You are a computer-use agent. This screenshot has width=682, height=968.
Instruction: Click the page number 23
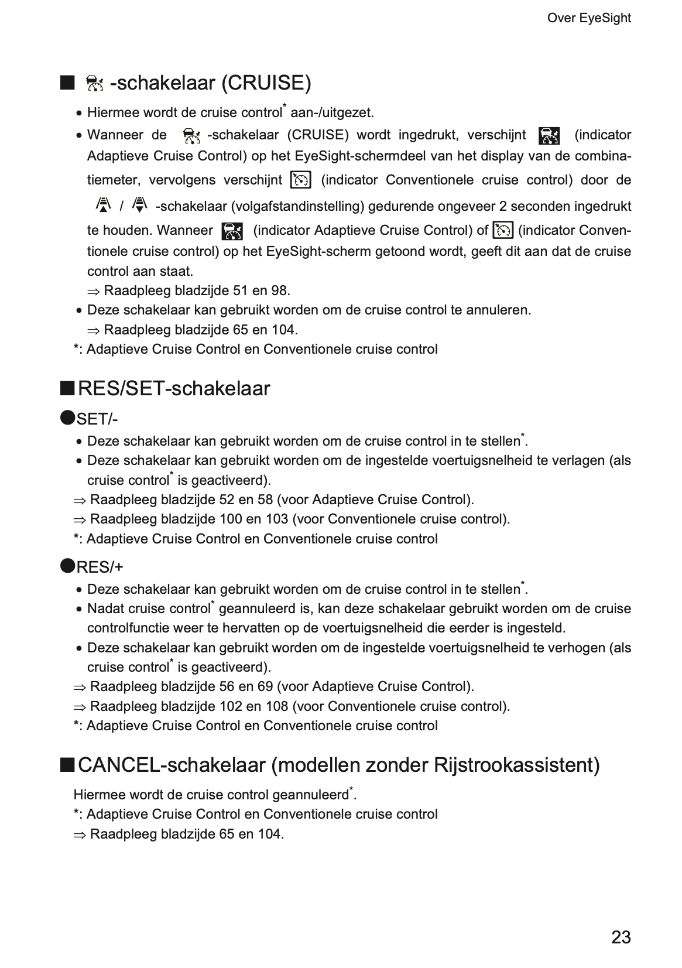621,937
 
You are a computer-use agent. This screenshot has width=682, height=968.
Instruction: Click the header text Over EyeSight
588,18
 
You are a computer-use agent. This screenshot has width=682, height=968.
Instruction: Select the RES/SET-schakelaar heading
174,388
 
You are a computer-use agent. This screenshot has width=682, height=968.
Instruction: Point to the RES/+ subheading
100,567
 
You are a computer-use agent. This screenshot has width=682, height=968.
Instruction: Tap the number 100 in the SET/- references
231,519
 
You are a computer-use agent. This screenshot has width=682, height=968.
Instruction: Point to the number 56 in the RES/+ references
227,686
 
